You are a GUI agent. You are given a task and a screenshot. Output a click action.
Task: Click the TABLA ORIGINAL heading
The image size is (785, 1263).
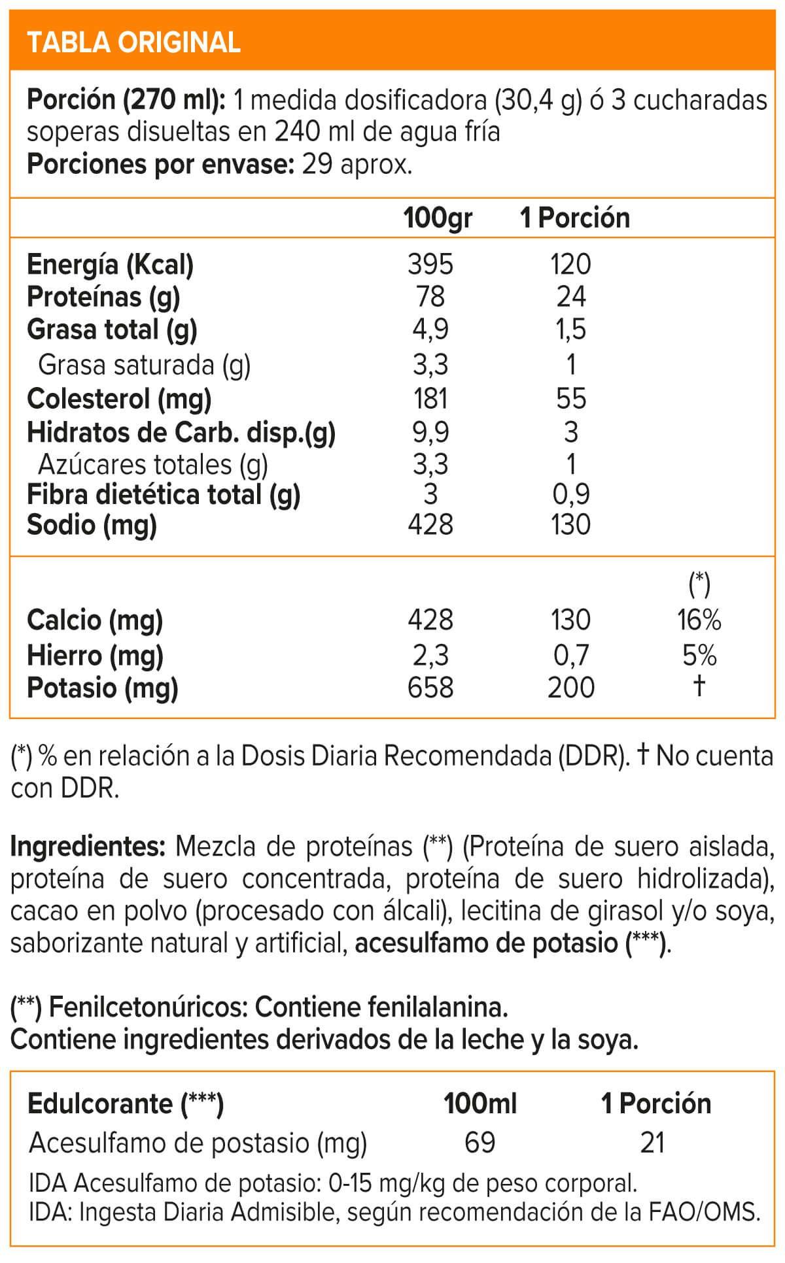tap(133, 42)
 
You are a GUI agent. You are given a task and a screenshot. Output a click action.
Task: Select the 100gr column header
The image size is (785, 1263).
tap(438, 218)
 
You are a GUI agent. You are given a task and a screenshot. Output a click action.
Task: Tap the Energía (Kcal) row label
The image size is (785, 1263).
tap(110, 265)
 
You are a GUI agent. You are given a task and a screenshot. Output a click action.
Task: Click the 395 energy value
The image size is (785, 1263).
tap(430, 265)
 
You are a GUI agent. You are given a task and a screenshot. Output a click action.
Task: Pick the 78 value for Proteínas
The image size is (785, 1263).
tap(430, 297)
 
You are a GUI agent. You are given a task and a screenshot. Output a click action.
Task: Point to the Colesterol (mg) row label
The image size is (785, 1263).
tap(119, 398)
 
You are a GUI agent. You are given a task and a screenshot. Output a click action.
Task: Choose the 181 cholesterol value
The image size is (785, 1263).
tap(430, 398)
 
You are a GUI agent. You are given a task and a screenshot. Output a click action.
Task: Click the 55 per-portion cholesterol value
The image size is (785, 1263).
tap(571, 398)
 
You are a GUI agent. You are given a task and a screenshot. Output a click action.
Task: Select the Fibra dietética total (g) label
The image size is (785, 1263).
tap(164, 495)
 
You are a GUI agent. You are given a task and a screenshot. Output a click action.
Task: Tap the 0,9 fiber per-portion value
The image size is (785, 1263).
tap(571, 495)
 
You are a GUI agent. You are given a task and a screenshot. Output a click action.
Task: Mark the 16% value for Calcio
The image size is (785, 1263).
tap(699, 620)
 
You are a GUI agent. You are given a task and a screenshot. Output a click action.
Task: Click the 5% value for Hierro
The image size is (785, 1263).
tap(699, 655)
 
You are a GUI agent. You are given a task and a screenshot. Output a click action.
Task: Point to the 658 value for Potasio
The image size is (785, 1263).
tap(430, 688)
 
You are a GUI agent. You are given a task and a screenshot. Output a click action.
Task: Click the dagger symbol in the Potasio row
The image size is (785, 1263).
tap(699, 686)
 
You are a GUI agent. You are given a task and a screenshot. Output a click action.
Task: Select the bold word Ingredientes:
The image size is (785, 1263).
tap(88, 847)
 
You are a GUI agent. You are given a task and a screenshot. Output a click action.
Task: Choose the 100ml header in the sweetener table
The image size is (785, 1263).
tap(480, 1103)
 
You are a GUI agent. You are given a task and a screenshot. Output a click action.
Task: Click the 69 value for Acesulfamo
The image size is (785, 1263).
tap(480, 1143)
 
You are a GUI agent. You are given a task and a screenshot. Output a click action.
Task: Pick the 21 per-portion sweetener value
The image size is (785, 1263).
tap(653, 1143)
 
